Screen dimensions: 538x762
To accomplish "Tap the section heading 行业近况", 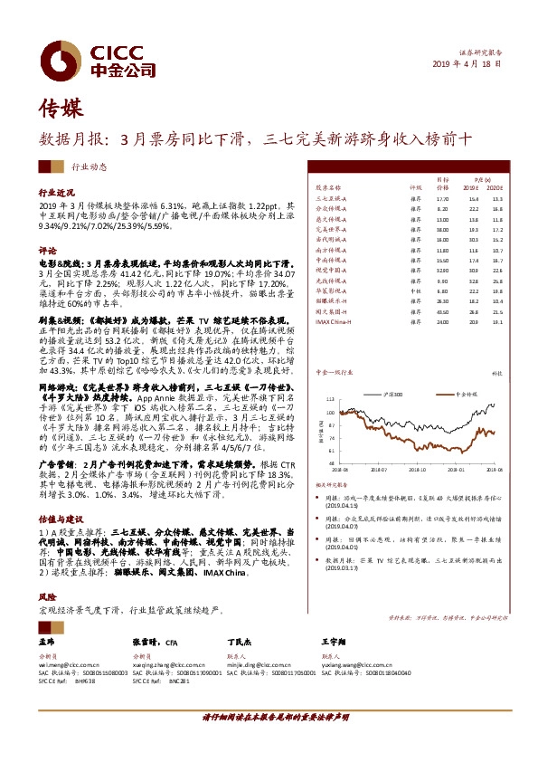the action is (54, 194).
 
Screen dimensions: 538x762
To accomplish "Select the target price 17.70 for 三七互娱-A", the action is (442, 198).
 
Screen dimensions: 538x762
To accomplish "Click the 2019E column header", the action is (473, 187).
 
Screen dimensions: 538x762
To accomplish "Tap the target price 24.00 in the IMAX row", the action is (442, 322).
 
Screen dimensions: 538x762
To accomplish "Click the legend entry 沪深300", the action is (397, 370).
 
